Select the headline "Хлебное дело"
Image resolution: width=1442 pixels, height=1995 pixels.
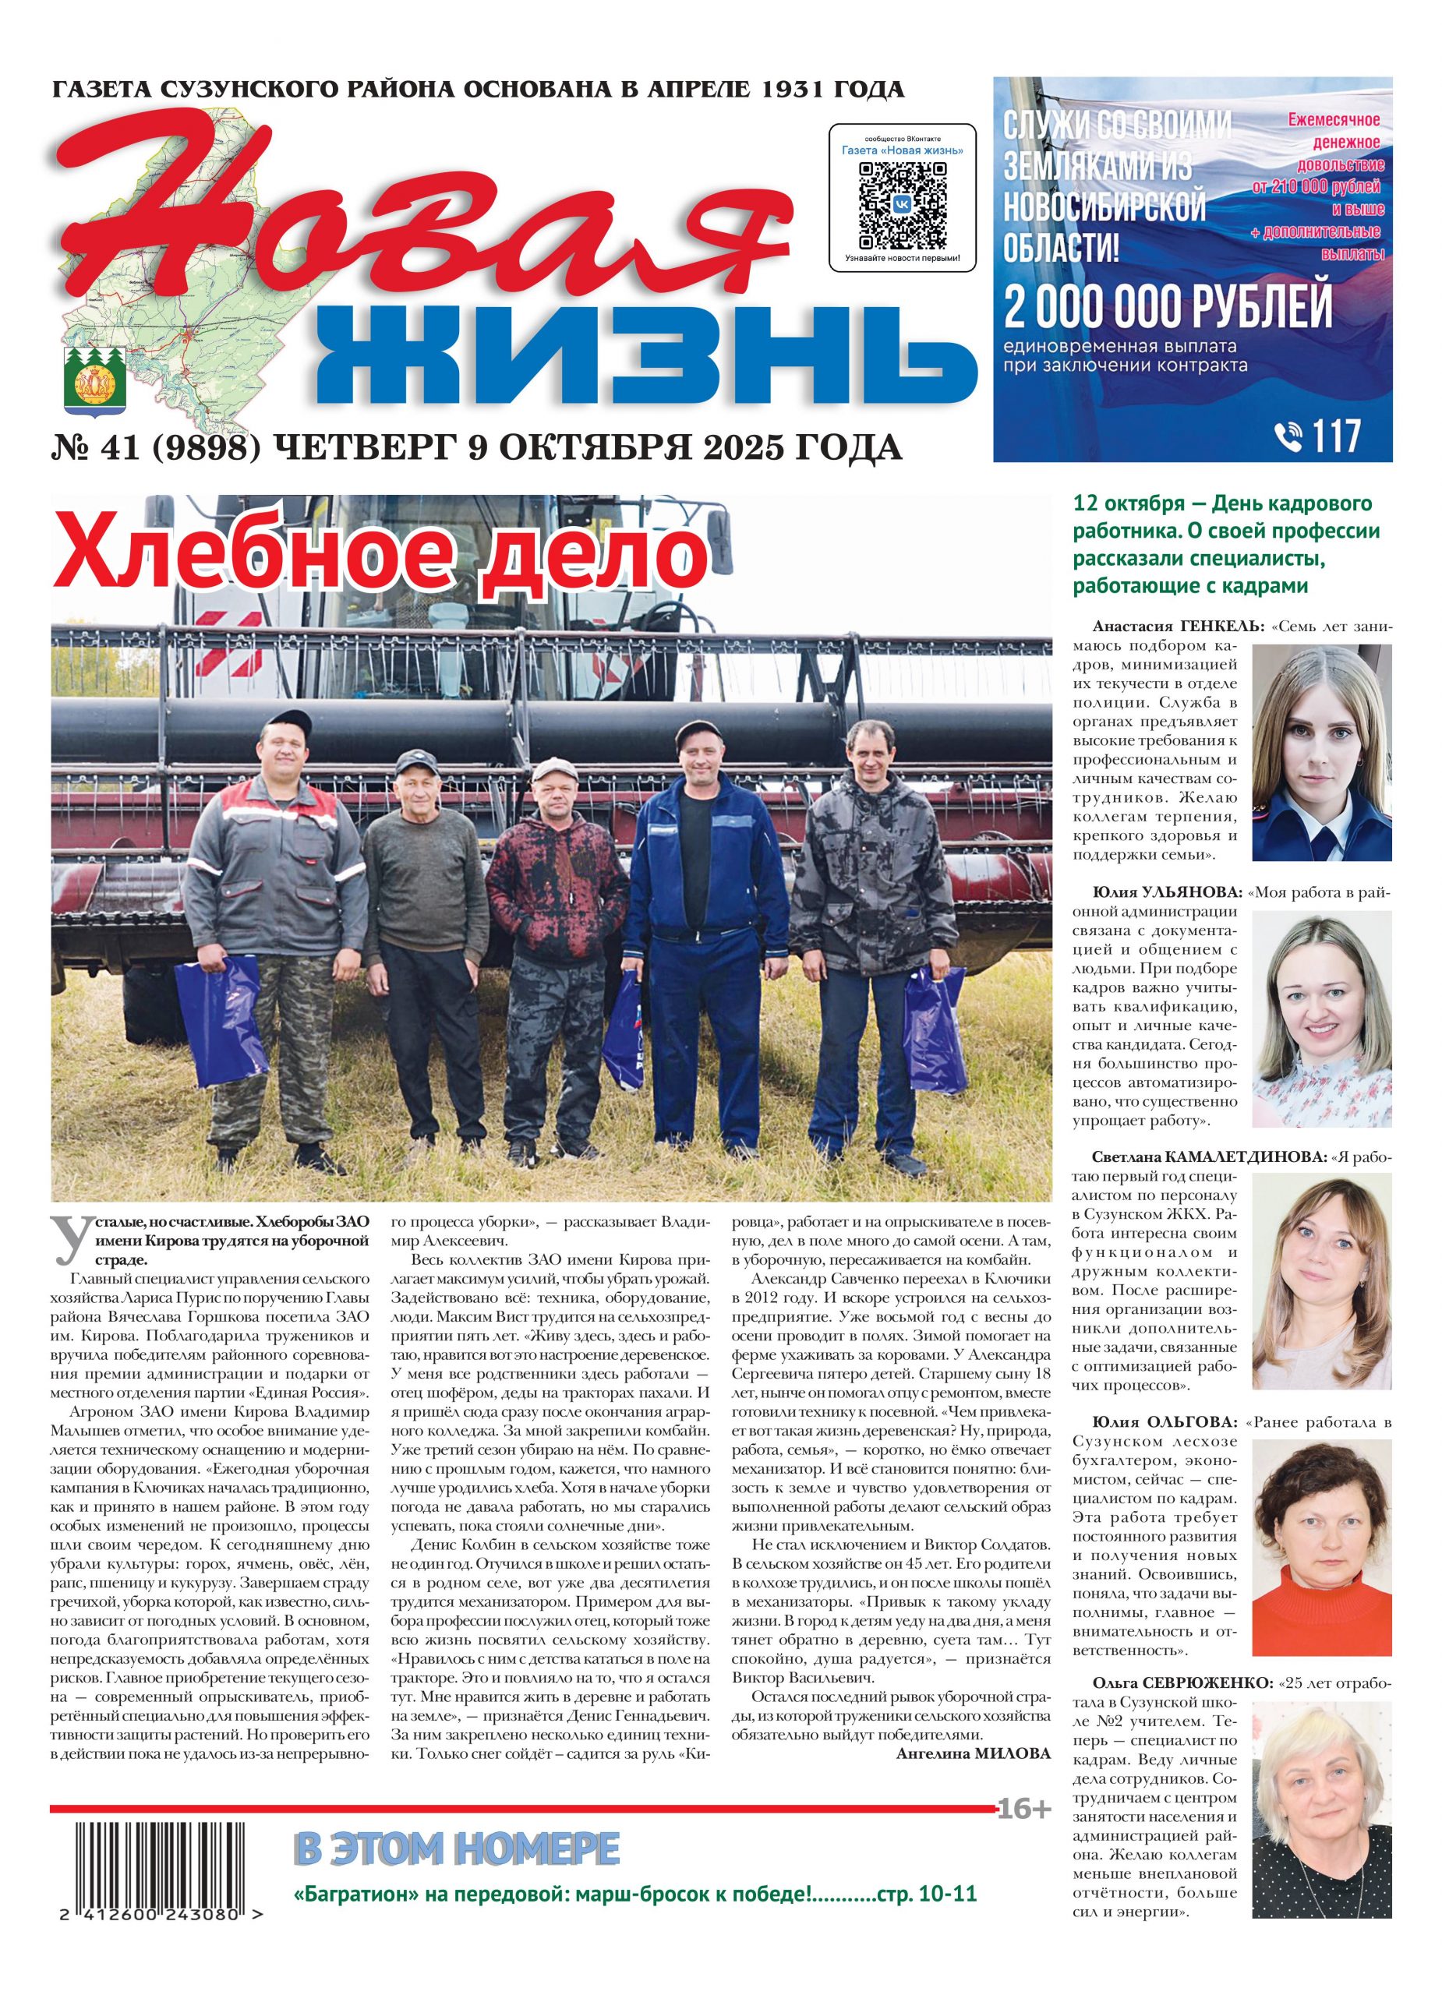pos(381,555)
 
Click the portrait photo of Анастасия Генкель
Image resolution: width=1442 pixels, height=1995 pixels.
pos(1321,752)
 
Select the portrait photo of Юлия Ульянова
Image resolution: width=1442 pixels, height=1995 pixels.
pos(1321,1019)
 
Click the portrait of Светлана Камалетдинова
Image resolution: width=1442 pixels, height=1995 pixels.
pos(1321,1282)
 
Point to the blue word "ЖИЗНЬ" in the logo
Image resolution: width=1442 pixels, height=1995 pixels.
pos(647,359)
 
